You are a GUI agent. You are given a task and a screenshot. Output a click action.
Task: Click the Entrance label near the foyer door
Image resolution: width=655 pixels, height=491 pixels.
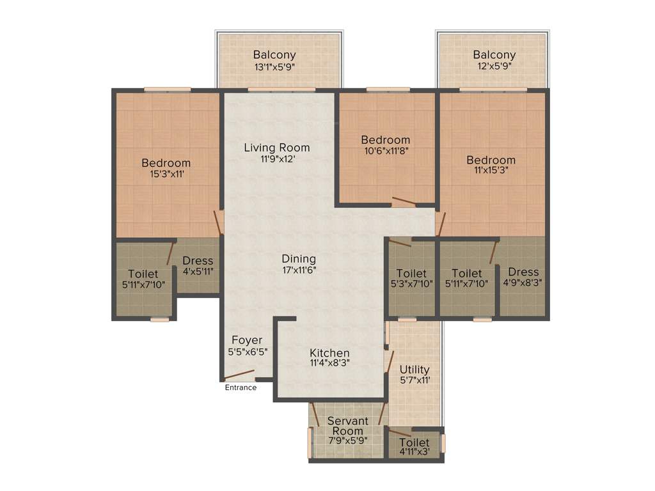241,387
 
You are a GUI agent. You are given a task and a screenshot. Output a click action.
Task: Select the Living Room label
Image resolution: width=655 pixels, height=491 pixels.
276,148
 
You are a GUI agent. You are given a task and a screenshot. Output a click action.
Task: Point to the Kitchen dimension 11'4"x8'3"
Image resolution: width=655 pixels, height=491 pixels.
329,363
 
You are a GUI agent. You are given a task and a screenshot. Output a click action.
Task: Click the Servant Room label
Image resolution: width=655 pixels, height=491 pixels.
347,426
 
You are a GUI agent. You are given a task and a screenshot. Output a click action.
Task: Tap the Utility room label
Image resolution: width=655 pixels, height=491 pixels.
414,370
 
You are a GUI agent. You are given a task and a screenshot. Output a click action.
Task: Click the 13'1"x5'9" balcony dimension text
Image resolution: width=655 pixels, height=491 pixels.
274,66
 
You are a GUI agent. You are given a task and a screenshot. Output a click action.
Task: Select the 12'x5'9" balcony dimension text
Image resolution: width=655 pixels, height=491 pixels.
494,66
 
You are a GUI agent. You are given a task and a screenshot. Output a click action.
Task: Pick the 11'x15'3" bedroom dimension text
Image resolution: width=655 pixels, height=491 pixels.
491,171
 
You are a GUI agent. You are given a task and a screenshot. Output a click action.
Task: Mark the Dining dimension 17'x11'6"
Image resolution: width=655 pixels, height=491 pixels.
299,270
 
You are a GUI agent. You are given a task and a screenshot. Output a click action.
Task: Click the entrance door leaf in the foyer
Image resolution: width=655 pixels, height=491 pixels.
240,375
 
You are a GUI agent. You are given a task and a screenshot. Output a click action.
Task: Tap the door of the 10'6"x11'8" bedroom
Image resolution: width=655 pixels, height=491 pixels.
404,203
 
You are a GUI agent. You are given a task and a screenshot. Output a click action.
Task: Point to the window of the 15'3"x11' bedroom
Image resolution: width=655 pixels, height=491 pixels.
167,89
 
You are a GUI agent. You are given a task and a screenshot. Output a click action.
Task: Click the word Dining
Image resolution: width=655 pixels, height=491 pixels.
299,259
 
